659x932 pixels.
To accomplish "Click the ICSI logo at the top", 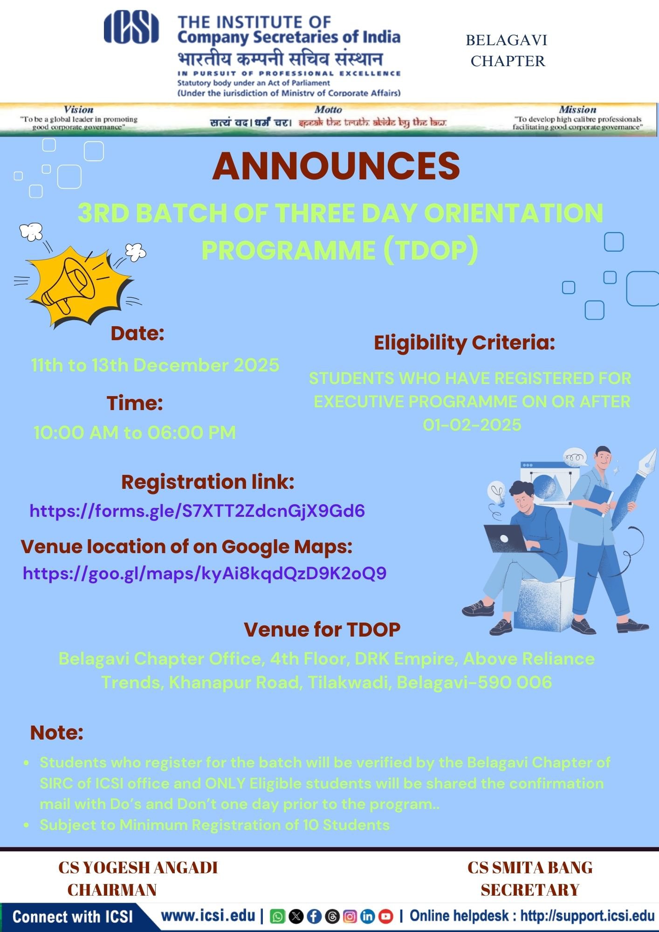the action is (131, 27).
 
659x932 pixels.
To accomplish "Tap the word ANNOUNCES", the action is (336, 166).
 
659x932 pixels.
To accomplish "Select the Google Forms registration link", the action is (197, 511).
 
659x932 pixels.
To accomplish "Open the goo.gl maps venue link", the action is (205, 573).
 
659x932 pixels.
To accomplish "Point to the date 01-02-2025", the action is (472, 425).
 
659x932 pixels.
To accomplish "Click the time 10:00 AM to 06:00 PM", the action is (134, 432).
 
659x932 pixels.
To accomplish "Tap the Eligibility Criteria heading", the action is (465, 343).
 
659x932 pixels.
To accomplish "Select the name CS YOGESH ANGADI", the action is (138, 868).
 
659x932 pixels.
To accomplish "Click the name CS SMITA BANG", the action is (530, 868).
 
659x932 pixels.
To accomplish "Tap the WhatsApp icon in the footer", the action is (277, 916).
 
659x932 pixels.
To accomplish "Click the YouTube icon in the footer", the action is (385, 916).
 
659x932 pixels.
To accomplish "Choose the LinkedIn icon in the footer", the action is (368, 916).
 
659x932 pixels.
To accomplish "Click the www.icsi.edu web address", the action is (208, 916).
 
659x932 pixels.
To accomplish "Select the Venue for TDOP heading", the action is (322, 630).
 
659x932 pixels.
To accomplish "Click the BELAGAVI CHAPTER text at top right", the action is (507, 50).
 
